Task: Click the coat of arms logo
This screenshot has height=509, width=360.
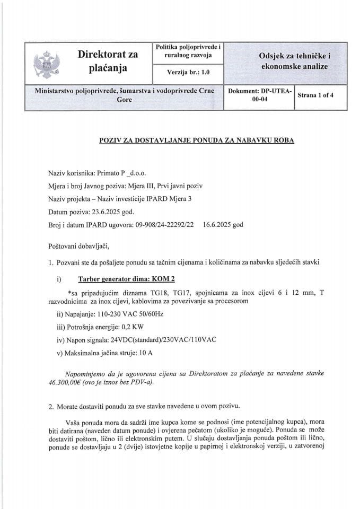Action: tap(44, 63)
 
